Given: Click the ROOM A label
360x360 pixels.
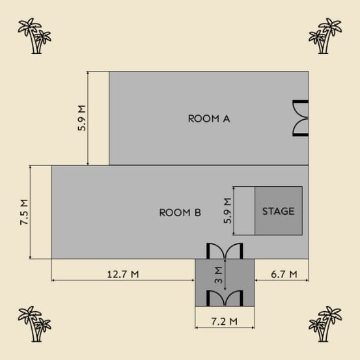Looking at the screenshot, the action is (209, 118).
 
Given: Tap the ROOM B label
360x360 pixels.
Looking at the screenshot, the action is (180, 213).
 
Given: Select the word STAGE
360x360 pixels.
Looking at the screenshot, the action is (278, 211).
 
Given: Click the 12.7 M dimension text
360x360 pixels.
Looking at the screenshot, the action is (123, 274).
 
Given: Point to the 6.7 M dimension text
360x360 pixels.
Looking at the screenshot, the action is (284, 274).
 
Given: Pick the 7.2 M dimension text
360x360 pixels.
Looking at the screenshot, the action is (225, 322).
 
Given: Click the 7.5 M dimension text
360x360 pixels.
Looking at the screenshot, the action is (24, 212).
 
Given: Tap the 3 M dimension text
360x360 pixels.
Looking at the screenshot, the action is (219, 275).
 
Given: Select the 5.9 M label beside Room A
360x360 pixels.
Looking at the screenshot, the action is (82, 118).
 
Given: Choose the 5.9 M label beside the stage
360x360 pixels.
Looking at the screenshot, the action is (228, 211).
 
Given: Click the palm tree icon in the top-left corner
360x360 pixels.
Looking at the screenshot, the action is (35, 36).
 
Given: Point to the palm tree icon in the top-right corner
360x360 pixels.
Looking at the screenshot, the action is (325, 36).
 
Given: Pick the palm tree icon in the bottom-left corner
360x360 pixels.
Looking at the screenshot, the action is (35, 324).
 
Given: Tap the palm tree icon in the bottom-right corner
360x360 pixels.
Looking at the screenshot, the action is (325, 324).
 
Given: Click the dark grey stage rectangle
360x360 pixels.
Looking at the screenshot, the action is (279, 211).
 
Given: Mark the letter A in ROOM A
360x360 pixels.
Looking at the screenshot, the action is (226, 118).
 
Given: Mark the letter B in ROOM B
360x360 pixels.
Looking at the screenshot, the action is (198, 213).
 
